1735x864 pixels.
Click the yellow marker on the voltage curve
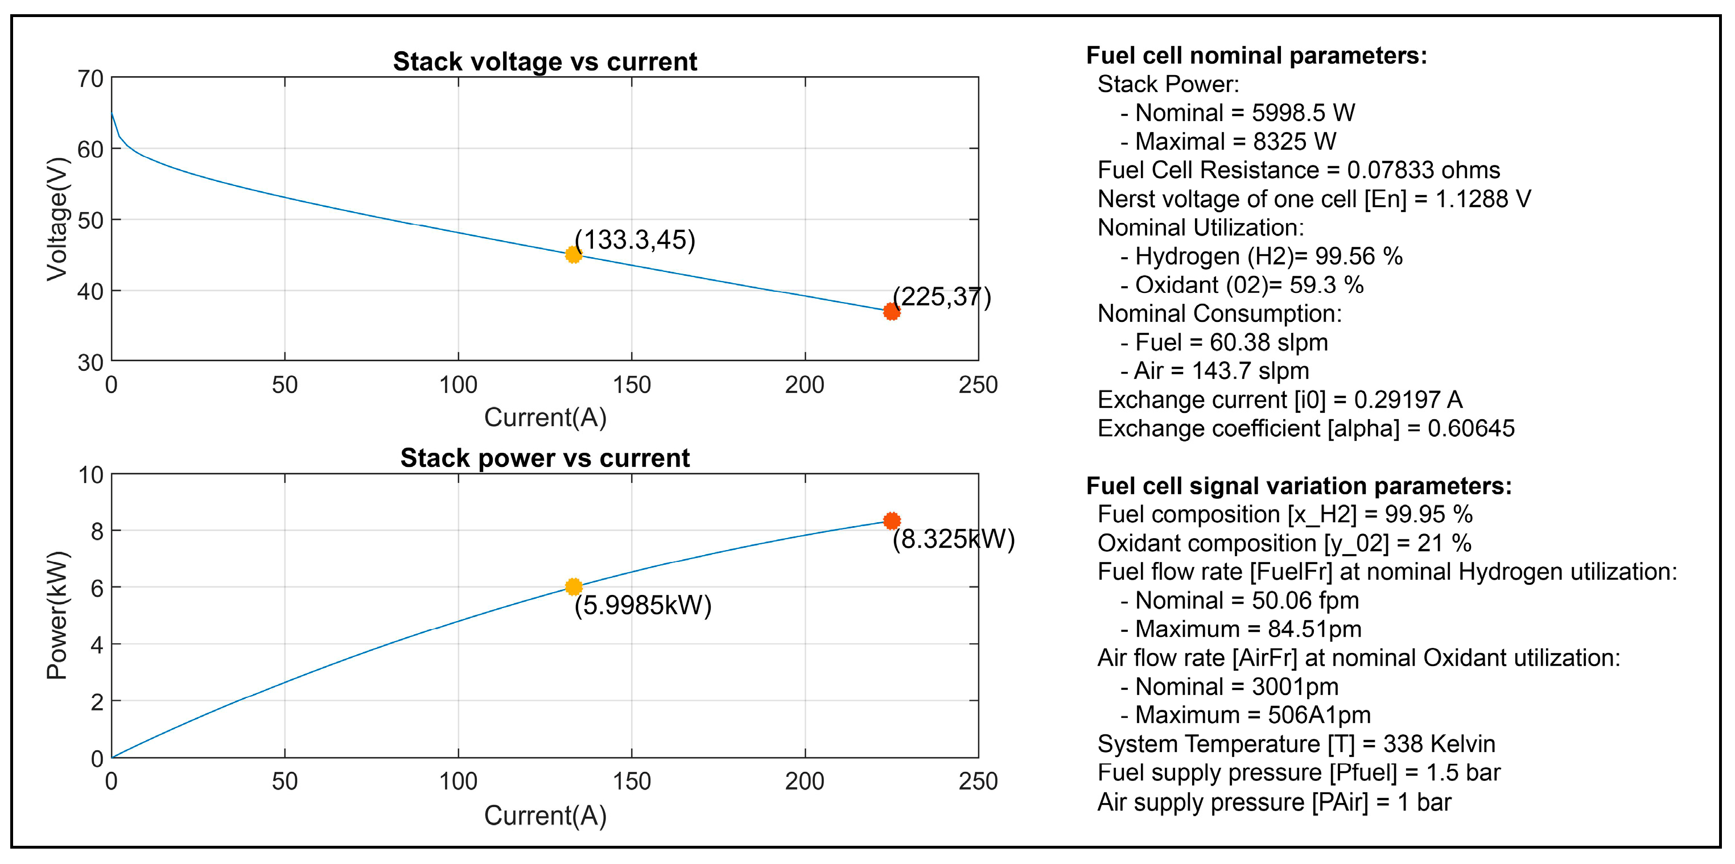(x=573, y=255)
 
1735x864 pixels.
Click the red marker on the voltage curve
(x=891, y=311)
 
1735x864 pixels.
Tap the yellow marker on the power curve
(x=573, y=586)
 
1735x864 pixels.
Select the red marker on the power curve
(x=891, y=520)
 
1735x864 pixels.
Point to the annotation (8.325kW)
(x=953, y=539)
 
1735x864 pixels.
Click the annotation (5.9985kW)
(x=642, y=605)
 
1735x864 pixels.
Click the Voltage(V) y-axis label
(x=57, y=219)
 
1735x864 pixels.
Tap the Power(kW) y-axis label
(x=57, y=615)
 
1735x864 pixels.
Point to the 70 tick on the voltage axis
(x=90, y=79)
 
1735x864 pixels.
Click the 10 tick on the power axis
(x=90, y=476)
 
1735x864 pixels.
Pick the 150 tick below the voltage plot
(x=631, y=385)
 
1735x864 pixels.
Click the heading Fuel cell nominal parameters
(x=1256, y=56)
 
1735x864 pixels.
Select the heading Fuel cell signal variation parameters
(x=1299, y=486)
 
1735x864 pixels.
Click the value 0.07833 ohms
(x=1423, y=171)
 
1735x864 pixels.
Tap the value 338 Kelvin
(x=1439, y=744)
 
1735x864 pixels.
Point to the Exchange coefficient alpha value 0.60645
(x=1471, y=429)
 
